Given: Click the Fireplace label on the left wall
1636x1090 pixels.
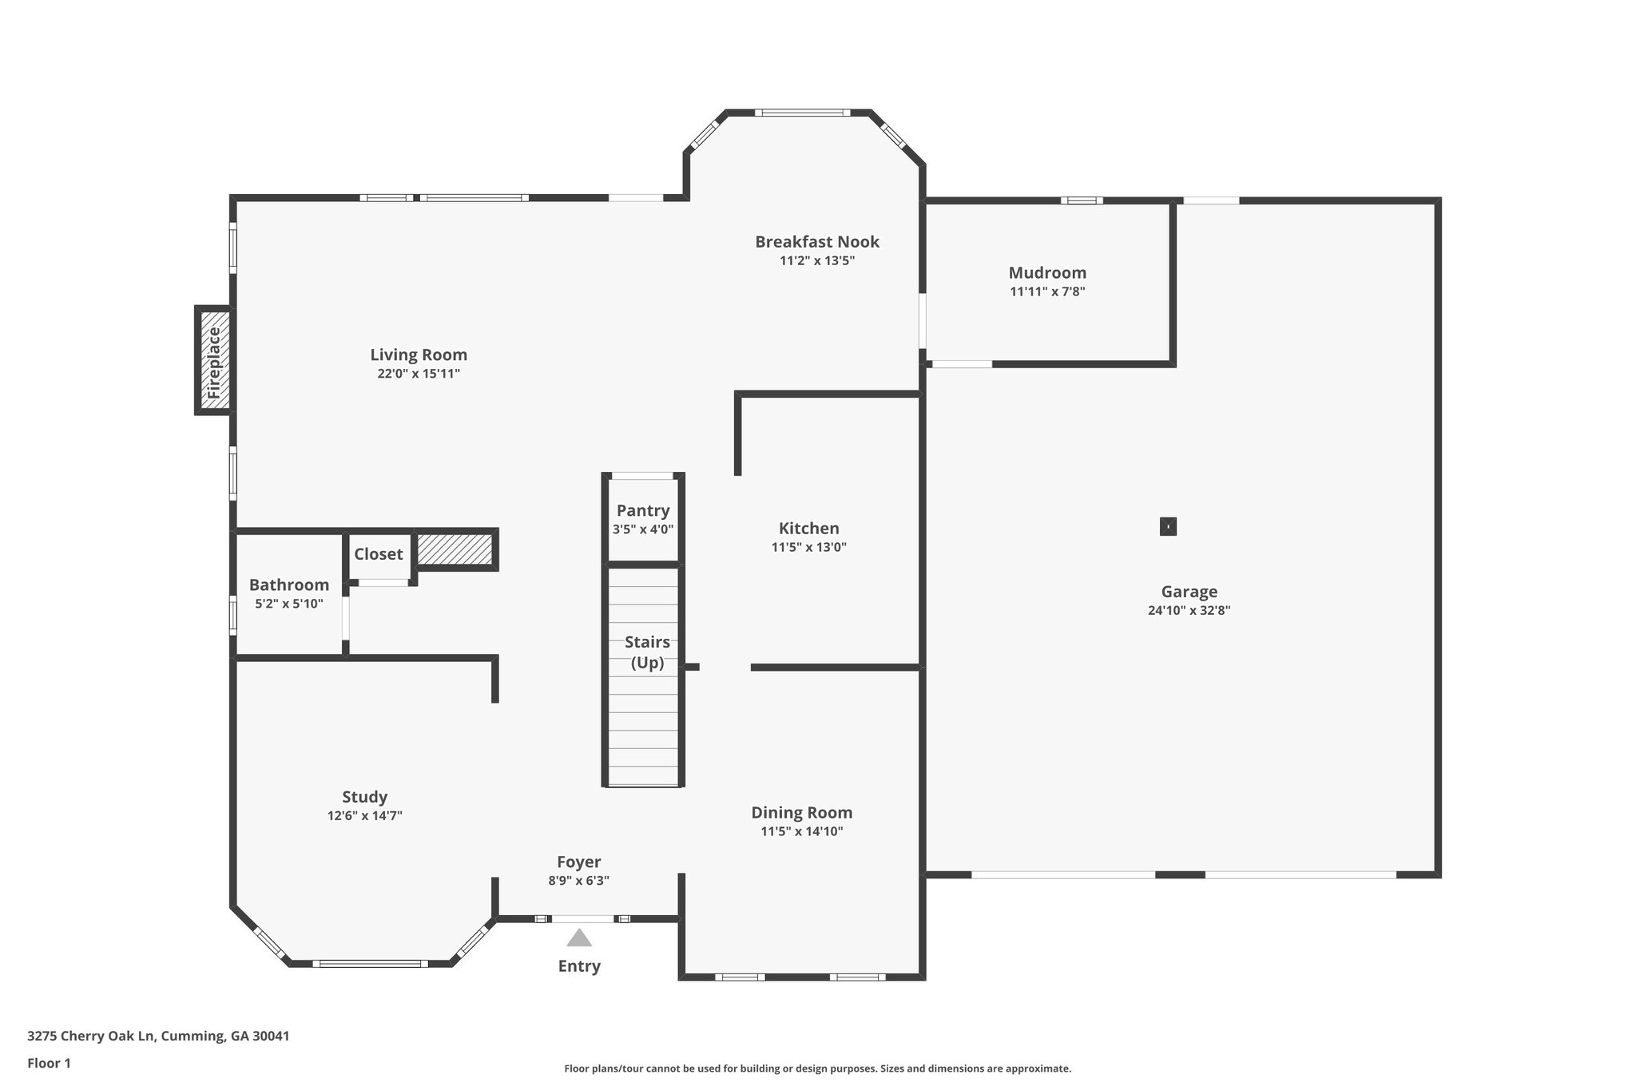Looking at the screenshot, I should (x=213, y=361).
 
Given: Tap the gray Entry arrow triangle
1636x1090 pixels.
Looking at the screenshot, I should (x=579, y=937).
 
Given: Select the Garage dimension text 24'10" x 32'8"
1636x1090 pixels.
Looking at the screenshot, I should (x=1189, y=611).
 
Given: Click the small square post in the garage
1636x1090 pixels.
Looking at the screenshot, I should (x=1168, y=527).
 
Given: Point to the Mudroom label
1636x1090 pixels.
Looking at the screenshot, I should (x=1047, y=273).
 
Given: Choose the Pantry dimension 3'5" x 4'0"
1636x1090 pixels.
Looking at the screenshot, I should (x=643, y=529).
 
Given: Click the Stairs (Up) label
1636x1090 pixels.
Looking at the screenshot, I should (x=647, y=652).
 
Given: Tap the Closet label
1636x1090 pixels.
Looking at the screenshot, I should (x=379, y=554).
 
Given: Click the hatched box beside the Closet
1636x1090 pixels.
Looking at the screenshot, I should (x=455, y=549).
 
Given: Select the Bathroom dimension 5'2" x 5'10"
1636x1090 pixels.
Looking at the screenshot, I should (x=289, y=604).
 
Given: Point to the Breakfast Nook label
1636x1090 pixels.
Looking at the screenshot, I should (x=817, y=242).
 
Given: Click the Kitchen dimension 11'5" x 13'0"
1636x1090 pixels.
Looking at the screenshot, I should (x=808, y=548).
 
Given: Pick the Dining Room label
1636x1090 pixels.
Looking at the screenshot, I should (x=801, y=813).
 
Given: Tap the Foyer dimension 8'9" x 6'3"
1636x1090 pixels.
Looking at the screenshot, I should (x=578, y=882).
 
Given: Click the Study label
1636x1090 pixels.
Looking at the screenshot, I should (x=364, y=797).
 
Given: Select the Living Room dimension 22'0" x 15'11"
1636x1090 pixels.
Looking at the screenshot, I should (x=419, y=374).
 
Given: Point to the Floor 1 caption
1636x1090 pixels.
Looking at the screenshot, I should (x=49, y=1064).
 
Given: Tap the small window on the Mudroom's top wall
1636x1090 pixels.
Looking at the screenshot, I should (x=1082, y=200).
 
